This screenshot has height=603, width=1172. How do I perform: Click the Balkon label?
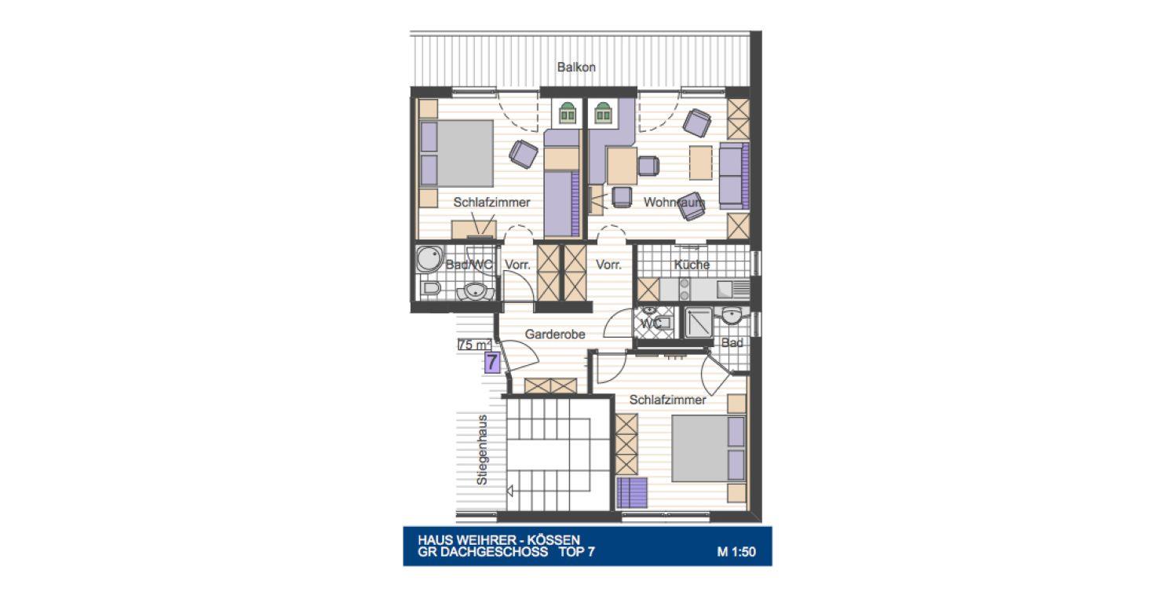(x=576, y=67)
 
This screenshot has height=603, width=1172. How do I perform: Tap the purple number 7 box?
(x=492, y=362)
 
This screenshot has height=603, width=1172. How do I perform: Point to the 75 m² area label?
(x=475, y=345)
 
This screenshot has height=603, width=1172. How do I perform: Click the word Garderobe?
(x=555, y=334)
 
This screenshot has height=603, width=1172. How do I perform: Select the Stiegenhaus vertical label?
(x=482, y=450)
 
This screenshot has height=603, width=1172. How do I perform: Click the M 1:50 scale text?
(x=736, y=552)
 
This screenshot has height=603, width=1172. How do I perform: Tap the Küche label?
(x=692, y=265)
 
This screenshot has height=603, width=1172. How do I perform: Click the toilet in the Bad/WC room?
(x=431, y=288)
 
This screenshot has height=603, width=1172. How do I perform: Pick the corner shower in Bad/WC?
(x=430, y=259)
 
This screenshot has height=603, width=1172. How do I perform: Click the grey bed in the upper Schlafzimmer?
(x=456, y=153)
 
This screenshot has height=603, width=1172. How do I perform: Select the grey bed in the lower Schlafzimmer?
(x=708, y=448)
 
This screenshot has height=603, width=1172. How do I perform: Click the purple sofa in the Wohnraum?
(x=734, y=175)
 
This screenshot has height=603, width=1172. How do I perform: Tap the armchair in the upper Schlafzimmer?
(x=524, y=154)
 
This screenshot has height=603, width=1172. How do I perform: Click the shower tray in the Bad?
(x=699, y=323)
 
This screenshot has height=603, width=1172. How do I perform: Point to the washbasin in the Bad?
(x=732, y=316)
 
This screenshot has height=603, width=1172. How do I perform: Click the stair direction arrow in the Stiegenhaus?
(x=509, y=491)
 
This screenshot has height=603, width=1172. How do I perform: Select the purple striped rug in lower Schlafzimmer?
(x=632, y=492)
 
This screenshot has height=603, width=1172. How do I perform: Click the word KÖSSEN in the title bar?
(x=553, y=539)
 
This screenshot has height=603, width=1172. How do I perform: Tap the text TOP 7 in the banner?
(x=577, y=552)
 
